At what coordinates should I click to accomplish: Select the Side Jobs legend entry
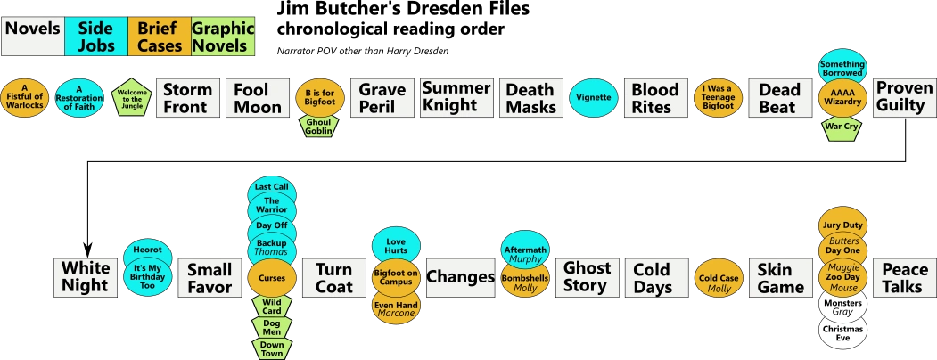pos(95,37)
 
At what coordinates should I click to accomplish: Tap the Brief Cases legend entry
pos(160,37)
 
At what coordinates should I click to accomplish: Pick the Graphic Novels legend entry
pos(223,37)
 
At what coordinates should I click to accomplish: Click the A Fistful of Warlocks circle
pos(25,98)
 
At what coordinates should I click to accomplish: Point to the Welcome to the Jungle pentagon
pos(132,98)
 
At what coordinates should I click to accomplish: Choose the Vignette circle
pos(594,98)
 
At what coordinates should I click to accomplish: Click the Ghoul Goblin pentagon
pos(318,126)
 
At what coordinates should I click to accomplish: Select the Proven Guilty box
pos(904,98)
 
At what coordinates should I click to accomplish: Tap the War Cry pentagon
pos(842,126)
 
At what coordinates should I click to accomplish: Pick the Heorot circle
pos(147,250)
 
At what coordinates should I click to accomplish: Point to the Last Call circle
pos(271,188)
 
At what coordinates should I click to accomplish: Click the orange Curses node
pos(271,277)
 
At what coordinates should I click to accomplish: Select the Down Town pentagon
pos(271,348)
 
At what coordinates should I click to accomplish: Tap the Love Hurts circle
pos(396,246)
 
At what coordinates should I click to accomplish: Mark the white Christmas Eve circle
pos(842,333)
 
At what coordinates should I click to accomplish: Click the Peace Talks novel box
pos(904,277)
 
